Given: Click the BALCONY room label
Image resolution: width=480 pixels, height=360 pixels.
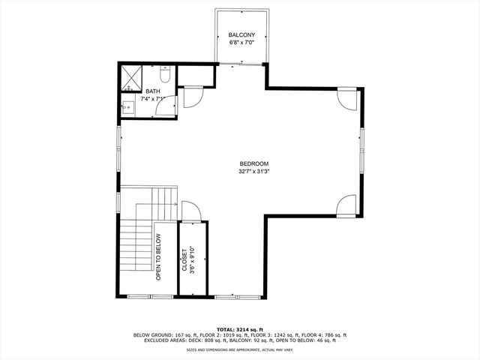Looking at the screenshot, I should (x=241, y=34).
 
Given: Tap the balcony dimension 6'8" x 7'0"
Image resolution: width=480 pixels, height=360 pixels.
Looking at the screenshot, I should (x=241, y=42).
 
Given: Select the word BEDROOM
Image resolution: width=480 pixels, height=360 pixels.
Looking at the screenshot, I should (x=253, y=163).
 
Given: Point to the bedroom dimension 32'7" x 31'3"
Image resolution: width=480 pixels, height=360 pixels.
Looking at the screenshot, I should (x=253, y=171).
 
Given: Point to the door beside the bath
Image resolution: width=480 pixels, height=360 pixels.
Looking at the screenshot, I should (x=191, y=97).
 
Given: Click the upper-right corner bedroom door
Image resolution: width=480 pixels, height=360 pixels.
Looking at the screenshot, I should (x=346, y=98).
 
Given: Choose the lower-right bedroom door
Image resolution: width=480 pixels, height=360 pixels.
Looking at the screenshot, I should (x=346, y=204).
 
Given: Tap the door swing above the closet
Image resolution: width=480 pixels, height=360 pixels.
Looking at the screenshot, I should (x=189, y=211).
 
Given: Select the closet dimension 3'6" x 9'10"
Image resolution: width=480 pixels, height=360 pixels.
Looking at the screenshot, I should (x=193, y=259).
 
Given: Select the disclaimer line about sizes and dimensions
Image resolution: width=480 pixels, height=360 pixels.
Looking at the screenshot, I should (x=239, y=349).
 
